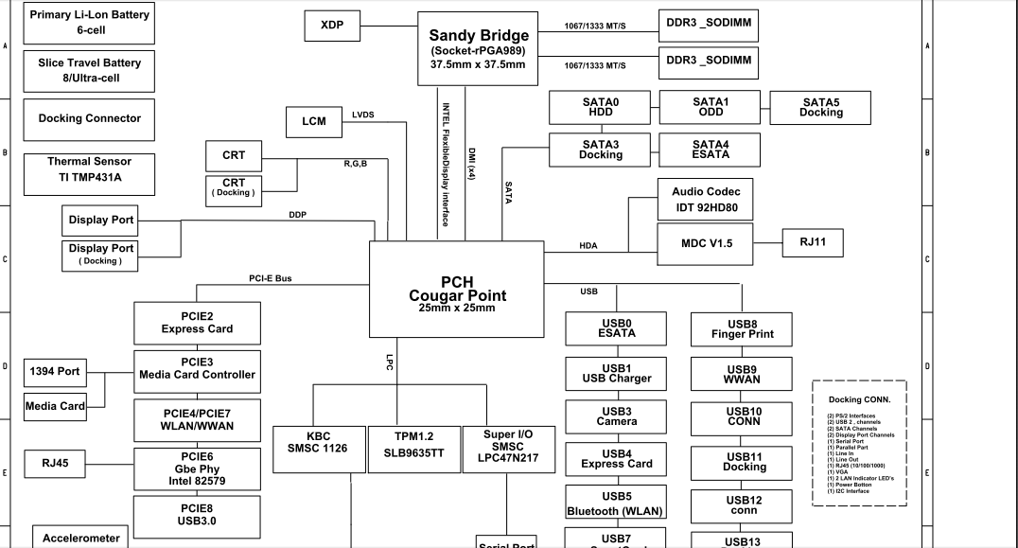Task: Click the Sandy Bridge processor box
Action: coord(479,48)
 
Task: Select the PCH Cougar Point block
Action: coord(456,290)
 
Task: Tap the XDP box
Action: coord(331,27)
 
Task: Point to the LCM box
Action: coord(314,122)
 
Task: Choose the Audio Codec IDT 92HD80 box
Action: coord(706,200)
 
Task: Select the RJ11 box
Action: coord(813,242)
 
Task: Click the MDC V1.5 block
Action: coord(706,244)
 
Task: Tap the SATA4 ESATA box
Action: coord(711,149)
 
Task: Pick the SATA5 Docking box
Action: coord(820,107)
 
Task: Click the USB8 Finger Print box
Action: coord(742,328)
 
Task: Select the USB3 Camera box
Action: coord(616,416)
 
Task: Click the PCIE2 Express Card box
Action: coord(197,323)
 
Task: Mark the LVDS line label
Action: coord(363,115)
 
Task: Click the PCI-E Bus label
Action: coord(271,278)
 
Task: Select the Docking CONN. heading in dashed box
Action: coord(858,400)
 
